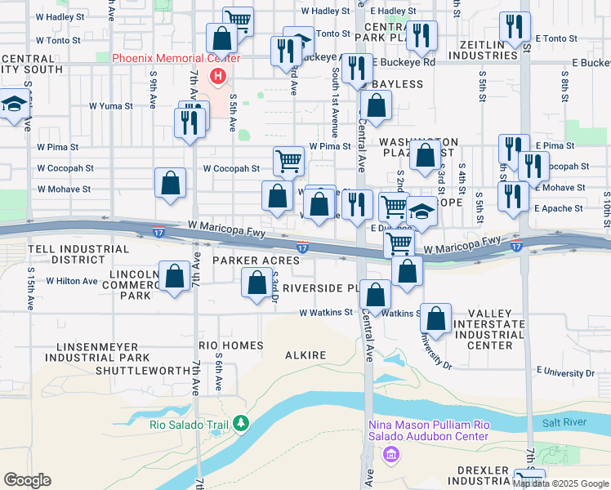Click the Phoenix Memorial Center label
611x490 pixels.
(176, 58)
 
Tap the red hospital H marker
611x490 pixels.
(218, 77)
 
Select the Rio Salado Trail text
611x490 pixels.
(190, 423)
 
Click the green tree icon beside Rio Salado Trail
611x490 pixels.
(240, 422)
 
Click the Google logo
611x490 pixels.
(27, 480)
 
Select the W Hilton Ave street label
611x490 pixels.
(72, 281)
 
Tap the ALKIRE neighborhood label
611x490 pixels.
(305, 355)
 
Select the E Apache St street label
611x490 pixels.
(559, 208)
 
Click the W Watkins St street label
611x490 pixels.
(325, 312)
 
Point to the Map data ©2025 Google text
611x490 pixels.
(560, 483)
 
